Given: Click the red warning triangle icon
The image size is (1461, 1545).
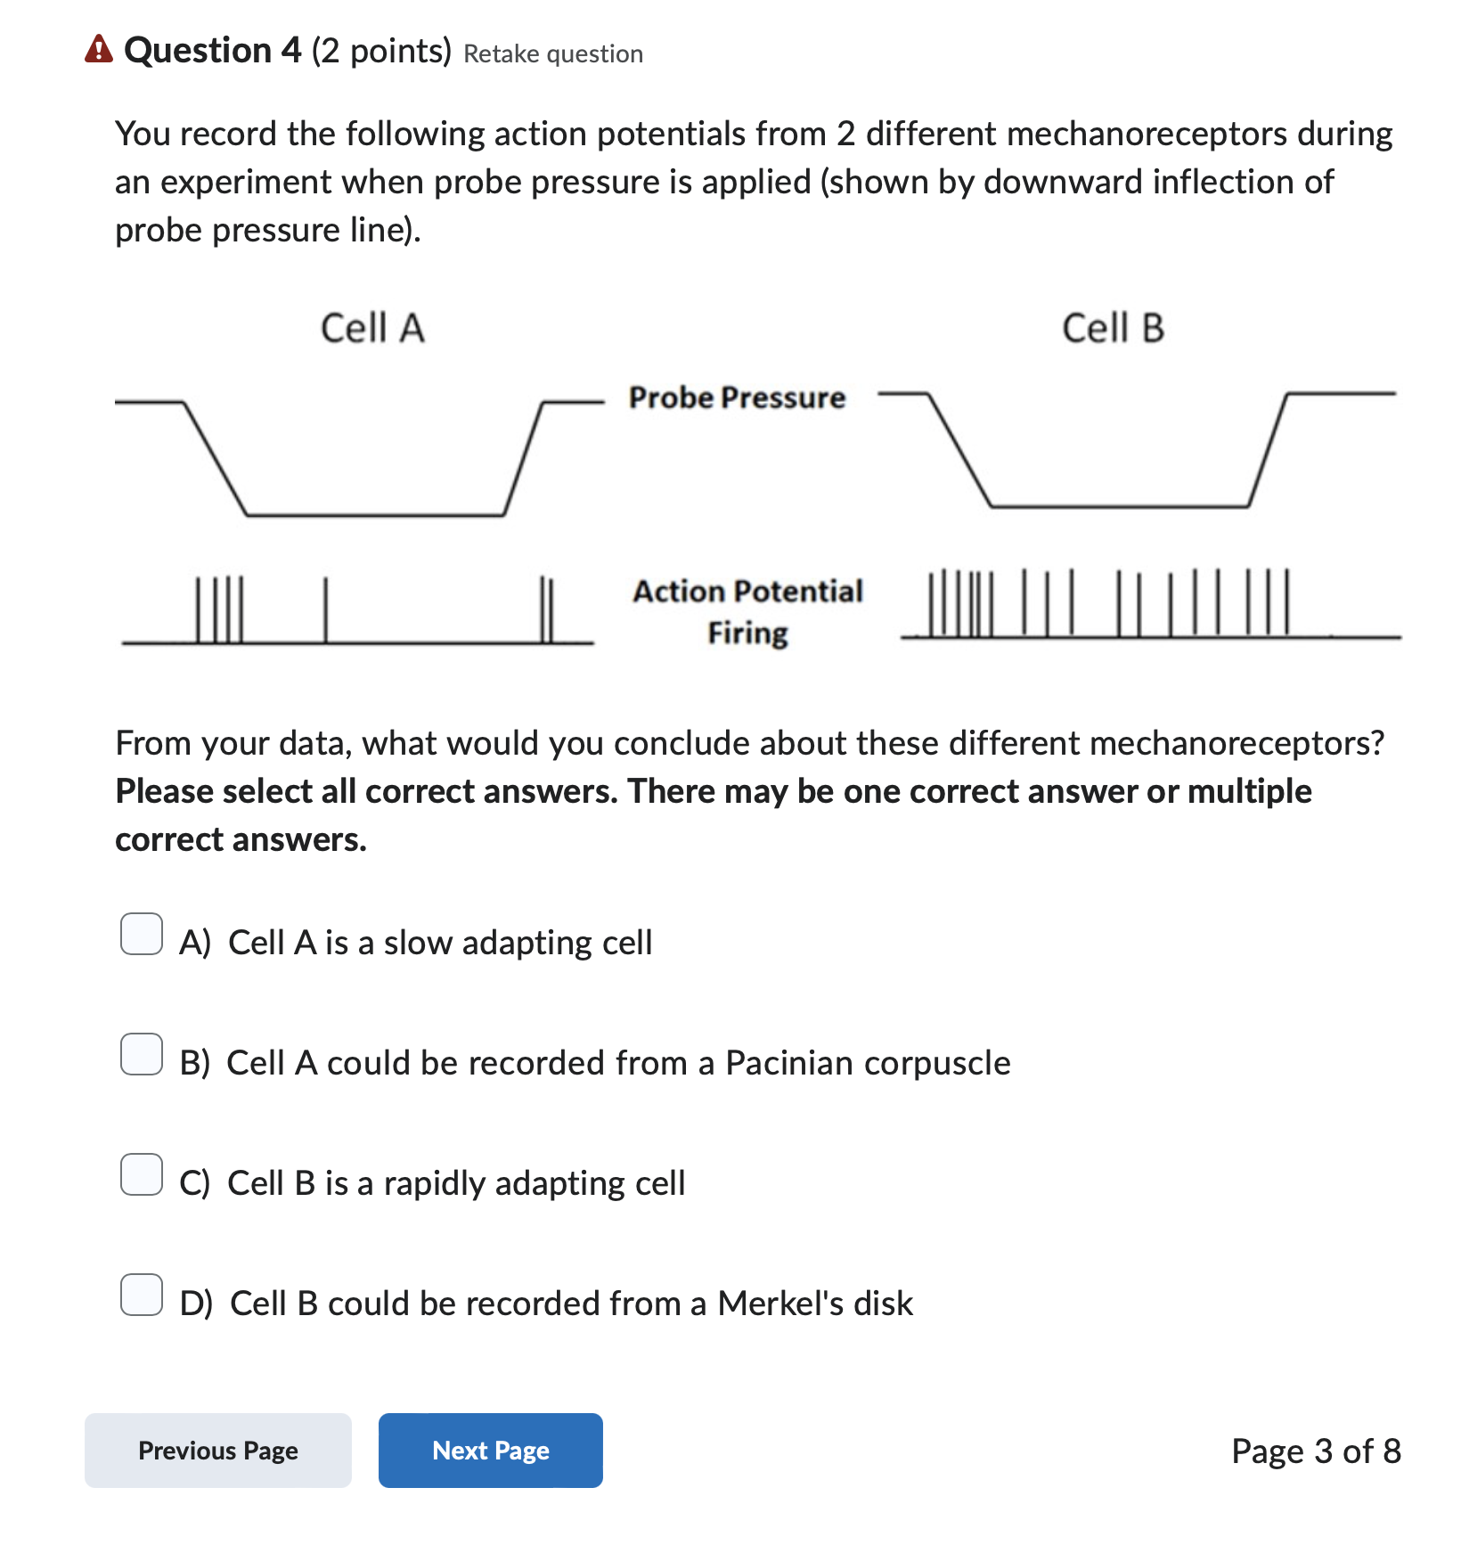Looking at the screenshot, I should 99,49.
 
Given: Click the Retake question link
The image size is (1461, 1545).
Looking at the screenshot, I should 553,53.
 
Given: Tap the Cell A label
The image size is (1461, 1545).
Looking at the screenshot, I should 372,328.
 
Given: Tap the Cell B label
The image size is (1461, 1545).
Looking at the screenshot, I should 1113,328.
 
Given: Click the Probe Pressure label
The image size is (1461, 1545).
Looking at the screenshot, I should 737,397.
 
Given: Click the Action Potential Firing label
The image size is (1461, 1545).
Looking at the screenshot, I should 747,611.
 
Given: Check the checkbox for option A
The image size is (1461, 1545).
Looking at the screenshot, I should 142,934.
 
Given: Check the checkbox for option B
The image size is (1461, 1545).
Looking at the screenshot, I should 142,1054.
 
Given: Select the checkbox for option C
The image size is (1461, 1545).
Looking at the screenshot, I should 142,1174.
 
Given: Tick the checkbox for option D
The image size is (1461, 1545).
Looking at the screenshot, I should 142,1295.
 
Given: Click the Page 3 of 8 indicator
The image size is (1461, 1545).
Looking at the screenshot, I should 1316,1451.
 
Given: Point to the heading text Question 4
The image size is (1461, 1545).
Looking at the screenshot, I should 213,50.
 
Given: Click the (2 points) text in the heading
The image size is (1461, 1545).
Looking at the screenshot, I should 381,51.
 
